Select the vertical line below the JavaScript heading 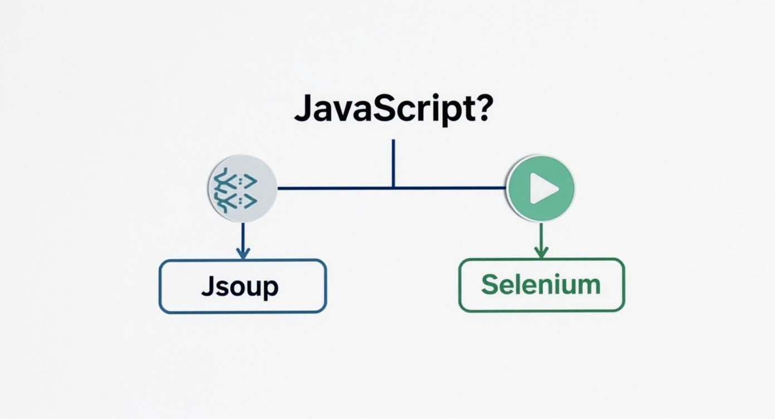(x=393, y=162)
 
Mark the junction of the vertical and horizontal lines (x=393, y=188)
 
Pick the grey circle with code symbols (x=242, y=189)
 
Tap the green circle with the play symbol (x=541, y=189)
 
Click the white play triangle (x=543, y=189)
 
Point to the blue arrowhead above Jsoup (x=242, y=254)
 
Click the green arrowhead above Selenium (x=541, y=253)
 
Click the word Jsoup (x=240, y=286)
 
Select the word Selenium (x=541, y=285)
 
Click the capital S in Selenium (x=490, y=285)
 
